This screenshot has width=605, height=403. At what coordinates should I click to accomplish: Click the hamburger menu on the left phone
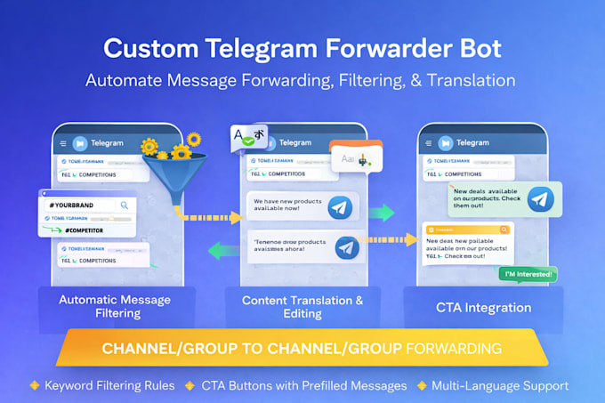coord(63,143)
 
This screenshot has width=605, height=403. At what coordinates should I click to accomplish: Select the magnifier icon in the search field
coord(125,205)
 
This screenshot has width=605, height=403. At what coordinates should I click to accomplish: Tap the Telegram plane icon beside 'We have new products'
coord(339,208)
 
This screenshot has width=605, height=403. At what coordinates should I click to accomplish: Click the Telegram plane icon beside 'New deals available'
coord(539,200)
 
